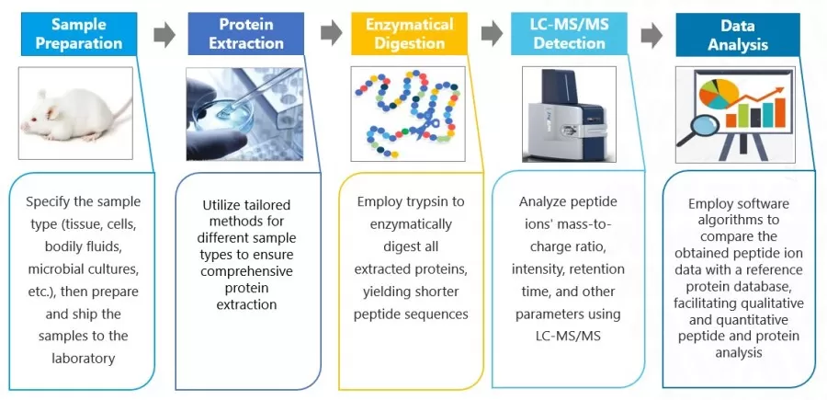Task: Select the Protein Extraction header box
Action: (245, 34)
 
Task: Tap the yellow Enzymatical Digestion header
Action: (408, 34)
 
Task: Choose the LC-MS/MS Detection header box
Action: (571, 34)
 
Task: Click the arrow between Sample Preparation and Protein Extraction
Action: (164, 35)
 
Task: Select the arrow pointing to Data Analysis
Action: (651, 35)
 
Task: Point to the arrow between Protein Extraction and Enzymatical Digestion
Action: (331, 35)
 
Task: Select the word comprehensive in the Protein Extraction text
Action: (245, 271)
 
